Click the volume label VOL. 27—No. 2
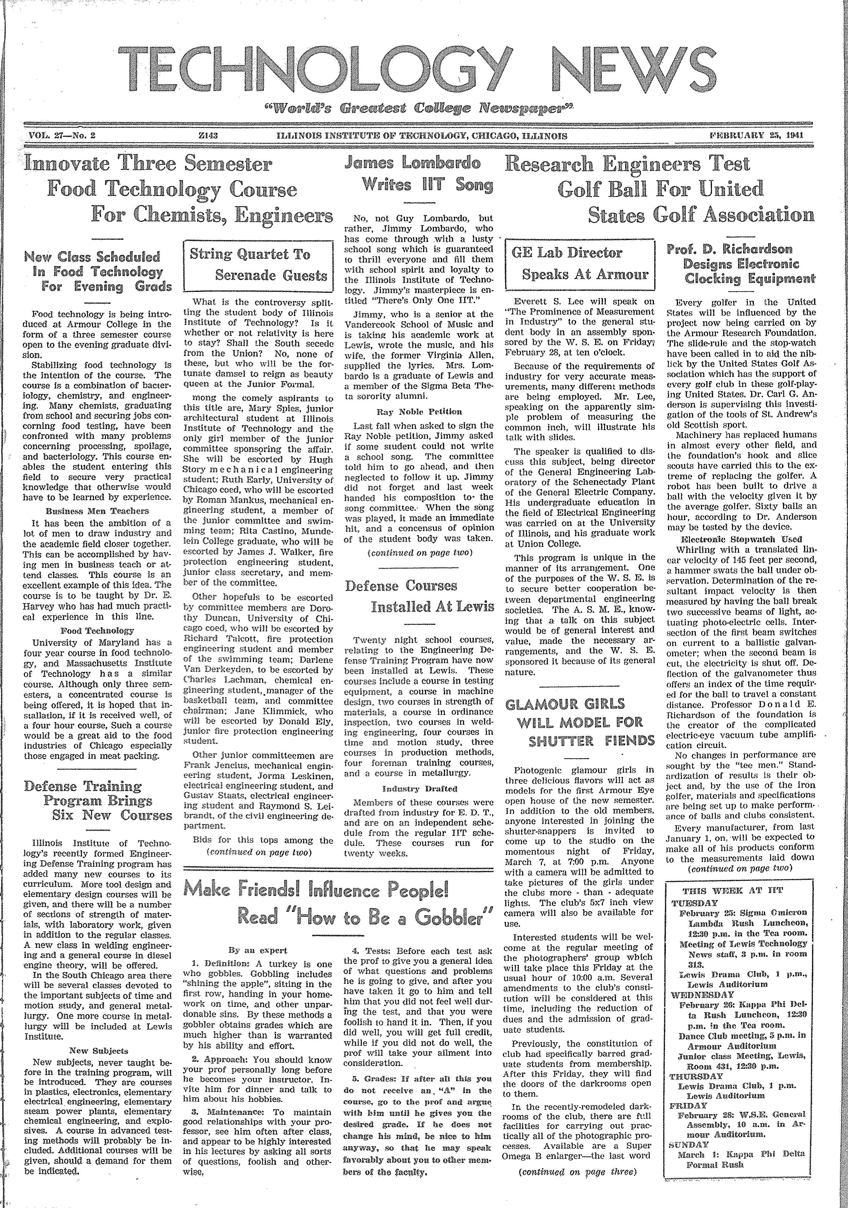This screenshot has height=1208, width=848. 61,135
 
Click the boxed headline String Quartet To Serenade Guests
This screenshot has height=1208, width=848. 258,265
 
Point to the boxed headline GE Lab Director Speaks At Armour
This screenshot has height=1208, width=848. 579,264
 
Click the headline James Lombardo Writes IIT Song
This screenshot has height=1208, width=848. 419,174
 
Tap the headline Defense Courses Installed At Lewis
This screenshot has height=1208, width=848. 419,596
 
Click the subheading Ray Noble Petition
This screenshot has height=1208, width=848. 419,412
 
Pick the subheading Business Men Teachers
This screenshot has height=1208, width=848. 97,510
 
